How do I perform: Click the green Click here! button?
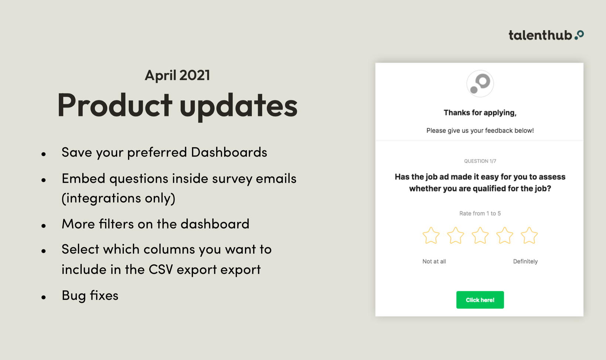click(x=480, y=300)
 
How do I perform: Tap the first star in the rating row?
click(x=431, y=236)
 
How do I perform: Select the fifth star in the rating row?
click(x=529, y=236)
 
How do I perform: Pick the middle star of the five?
click(x=480, y=236)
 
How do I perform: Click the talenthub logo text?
click(x=540, y=35)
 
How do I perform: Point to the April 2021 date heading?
click(x=177, y=75)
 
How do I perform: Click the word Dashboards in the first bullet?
click(x=229, y=152)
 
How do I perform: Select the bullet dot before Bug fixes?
click(x=44, y=297)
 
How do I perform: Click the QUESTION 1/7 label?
click(x=480, y=161)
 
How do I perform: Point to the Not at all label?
click(x=434, y=261)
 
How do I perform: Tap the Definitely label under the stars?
click(x=525, y=261)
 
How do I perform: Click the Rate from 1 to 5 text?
click(x=480, y=213)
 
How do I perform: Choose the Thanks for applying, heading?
click(x=480, y=113)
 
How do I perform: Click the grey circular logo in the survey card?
click(x=480, y=84)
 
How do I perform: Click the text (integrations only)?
click(x=119, y=198)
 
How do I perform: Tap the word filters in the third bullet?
click(x=116, y=224)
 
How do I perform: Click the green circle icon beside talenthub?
click(x=579, y=35)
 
